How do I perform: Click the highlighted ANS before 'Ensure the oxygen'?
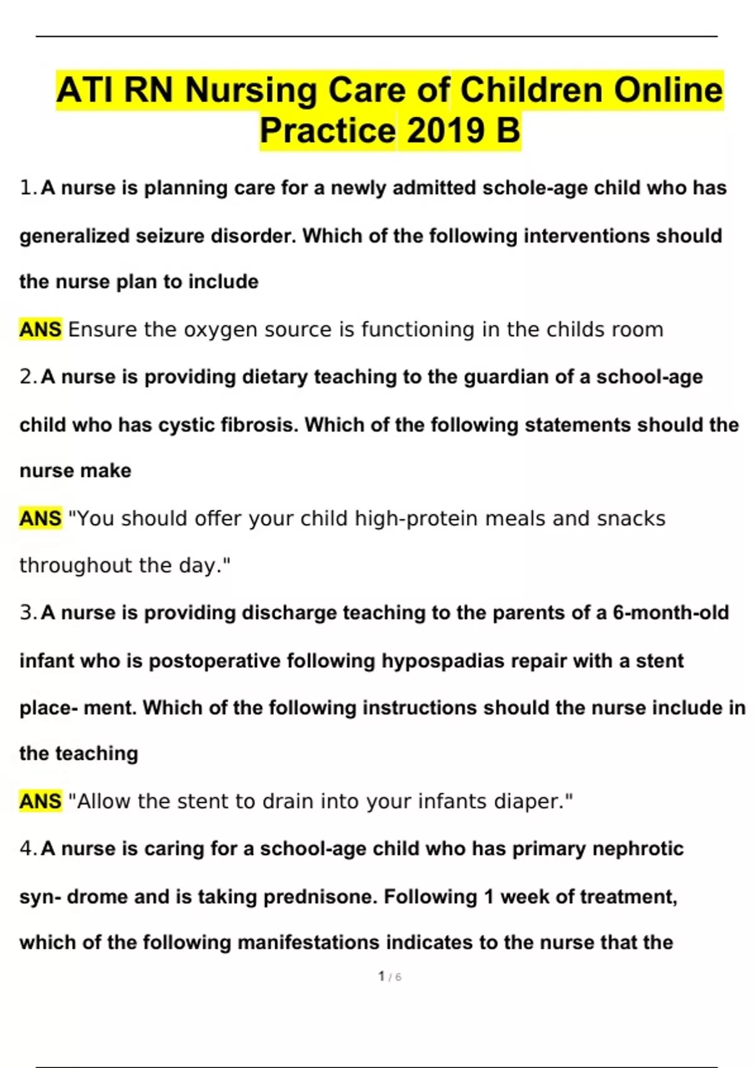point(40,329)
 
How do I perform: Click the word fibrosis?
point(259,425)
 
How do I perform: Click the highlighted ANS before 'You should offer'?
point(40,518)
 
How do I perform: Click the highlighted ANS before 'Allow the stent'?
point(40,802)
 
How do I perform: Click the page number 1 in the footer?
point(381,976)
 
